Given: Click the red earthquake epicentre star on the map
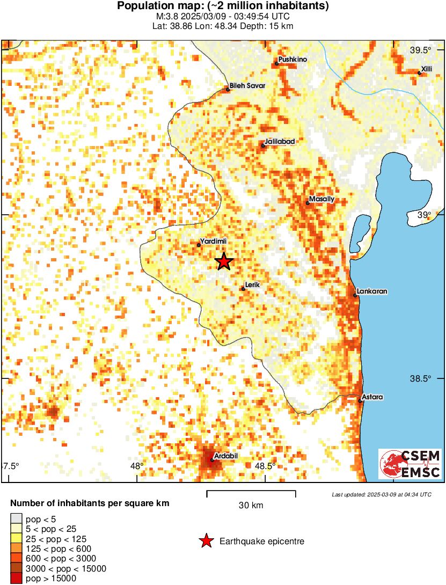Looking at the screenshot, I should pyautogui.click(x=224, y=262).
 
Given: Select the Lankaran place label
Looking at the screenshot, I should pyautogui.click(x=372, y=291).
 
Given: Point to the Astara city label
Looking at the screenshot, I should pyautogui.click(x=373, y=397).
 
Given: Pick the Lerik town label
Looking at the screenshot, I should pyautogui.click(x=252, y=285).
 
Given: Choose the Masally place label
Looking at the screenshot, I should pyautogui.click(x=322, y=199).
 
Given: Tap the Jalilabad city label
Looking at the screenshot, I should pyautogui.click(x=280, y=141).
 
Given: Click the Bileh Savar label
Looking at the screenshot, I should pyautogui.click(x=247, y=85).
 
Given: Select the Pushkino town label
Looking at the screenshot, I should pyautogui.click(x=293, y=60).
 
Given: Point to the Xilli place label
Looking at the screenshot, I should pyautogui.click(x=427, y=69).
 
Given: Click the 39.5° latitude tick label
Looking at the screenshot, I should pyautogui.click(x=421, y=50).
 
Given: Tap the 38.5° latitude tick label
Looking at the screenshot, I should pyautogui.click(x=421, y=379).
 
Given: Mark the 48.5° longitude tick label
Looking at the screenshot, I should pyautogui.click(x=266, y=466).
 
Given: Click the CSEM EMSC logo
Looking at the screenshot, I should pyautogui.click(x=410, y=464).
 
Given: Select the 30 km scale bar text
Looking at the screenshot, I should pyautogui.click(x=251, y=506).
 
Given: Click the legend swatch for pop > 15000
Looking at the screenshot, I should pyautogui.click(x=16, y=579).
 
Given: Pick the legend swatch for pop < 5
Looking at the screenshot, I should pyautogui.click(x=16, y=518).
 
